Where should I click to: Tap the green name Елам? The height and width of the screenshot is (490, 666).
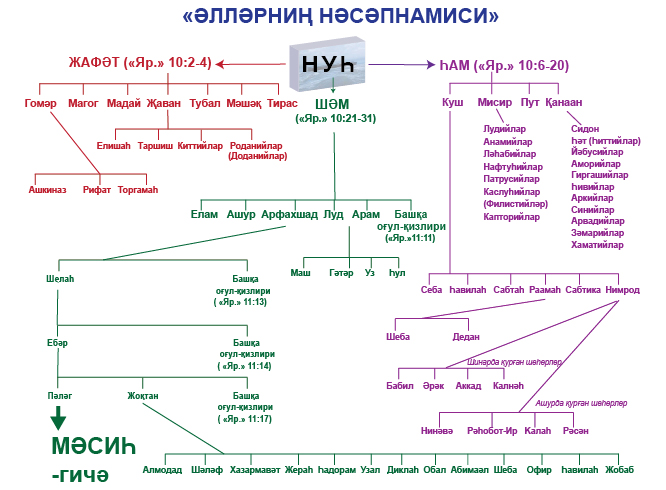204,214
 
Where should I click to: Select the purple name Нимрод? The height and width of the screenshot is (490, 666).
621,290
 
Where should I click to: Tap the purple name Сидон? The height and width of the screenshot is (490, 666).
585,129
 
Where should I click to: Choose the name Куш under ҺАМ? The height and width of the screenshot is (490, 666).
452,102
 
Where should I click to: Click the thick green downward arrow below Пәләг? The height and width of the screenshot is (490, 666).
59,417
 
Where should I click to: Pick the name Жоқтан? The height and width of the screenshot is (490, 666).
143,395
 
